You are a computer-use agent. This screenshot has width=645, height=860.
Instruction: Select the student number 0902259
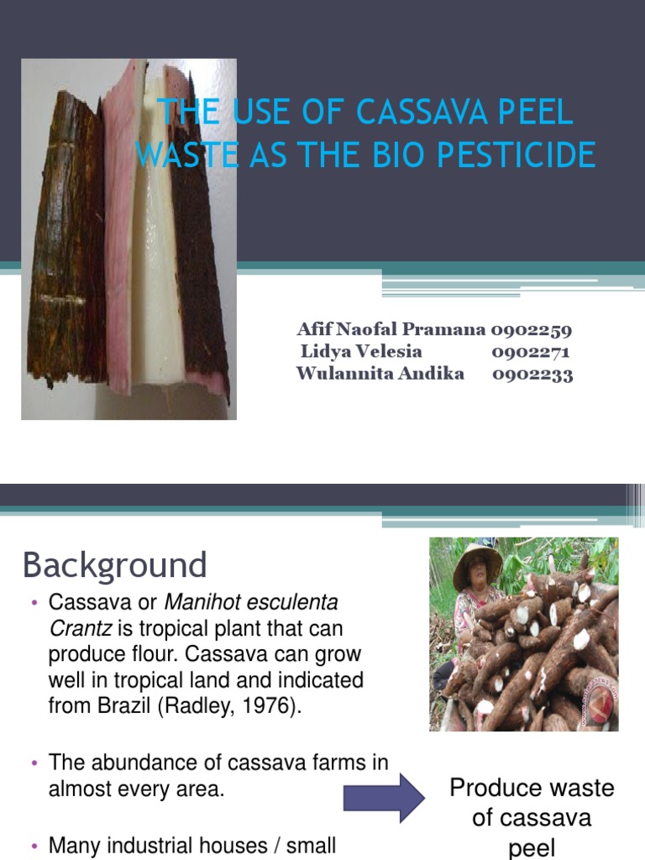pos(531,330)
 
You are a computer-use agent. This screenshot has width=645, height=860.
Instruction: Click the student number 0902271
pos(531,352)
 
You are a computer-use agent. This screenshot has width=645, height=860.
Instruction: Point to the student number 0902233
pos(532,375)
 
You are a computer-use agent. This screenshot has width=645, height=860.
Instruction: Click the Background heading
pos(114,565)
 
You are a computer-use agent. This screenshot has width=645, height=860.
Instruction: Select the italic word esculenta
pos(286,602)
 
